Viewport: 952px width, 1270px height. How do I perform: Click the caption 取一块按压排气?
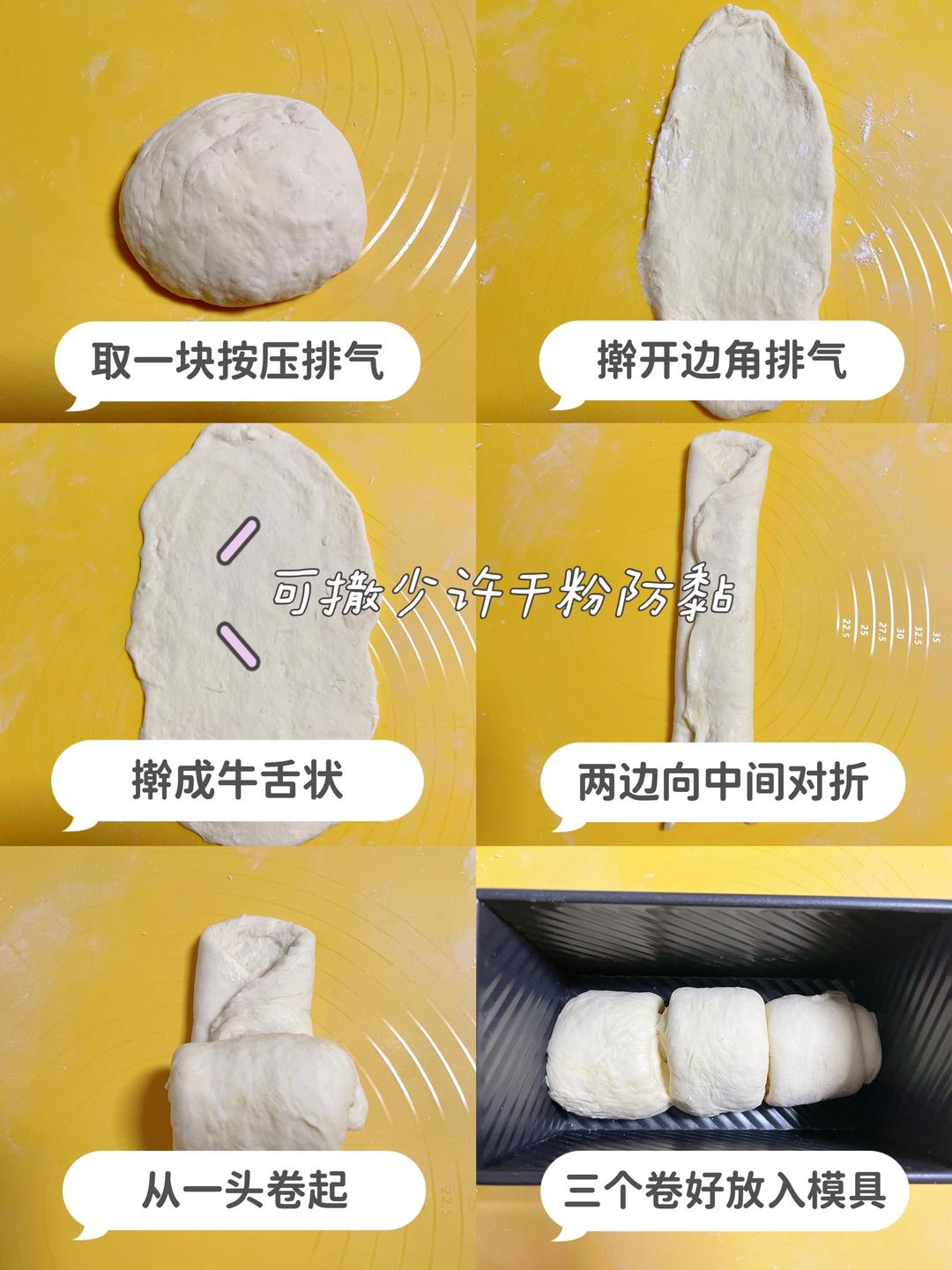(238, 362)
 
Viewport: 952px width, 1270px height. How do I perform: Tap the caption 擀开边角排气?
(721, 362)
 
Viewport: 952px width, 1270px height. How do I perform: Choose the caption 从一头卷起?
(244, 1191)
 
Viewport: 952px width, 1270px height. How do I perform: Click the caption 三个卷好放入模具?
(725, 1191)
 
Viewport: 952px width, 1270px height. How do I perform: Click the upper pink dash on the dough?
(238, 539)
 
